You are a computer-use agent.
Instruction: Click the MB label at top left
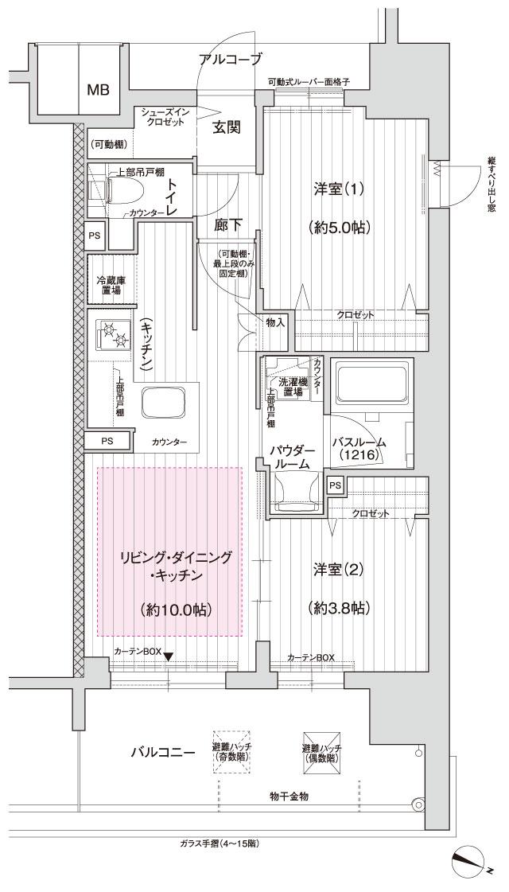point(98,89)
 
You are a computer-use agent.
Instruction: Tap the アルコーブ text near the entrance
point(230,58)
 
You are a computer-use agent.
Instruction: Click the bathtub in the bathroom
point(371,384)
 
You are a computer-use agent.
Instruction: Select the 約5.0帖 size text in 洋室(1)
point(338,227)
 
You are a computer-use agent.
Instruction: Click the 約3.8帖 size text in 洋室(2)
point(338,607)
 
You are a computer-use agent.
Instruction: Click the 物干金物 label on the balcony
point(289,795)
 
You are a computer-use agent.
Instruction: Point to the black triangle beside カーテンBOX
point(168,655)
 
